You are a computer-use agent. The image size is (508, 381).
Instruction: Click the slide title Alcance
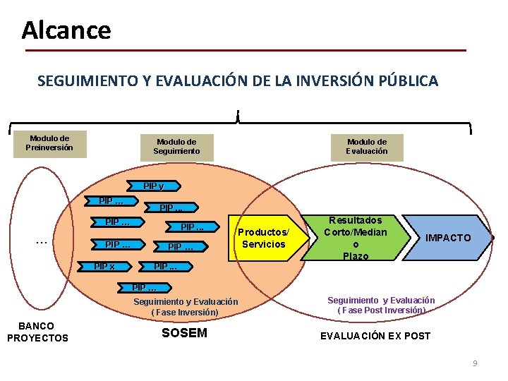(66, 30)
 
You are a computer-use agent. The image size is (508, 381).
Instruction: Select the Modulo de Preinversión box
(49, 144)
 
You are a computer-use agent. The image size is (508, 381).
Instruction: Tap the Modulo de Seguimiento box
(176, 147)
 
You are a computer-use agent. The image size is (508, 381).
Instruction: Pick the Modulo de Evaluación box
(367, 147)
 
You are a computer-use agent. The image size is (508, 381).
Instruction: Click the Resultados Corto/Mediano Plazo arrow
(356, 238)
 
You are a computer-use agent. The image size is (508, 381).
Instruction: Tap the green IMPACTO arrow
(447, 238)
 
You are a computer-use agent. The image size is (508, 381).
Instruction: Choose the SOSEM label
(184, 333)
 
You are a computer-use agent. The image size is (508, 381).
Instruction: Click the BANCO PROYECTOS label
(38, 332)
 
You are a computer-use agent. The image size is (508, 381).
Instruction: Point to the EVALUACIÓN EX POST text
(375, 336)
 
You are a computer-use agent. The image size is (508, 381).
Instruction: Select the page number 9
(475, 363)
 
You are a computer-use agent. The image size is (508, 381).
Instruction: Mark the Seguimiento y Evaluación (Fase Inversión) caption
(186, 307)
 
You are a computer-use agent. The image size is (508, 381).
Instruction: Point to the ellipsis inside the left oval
(42, 241)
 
